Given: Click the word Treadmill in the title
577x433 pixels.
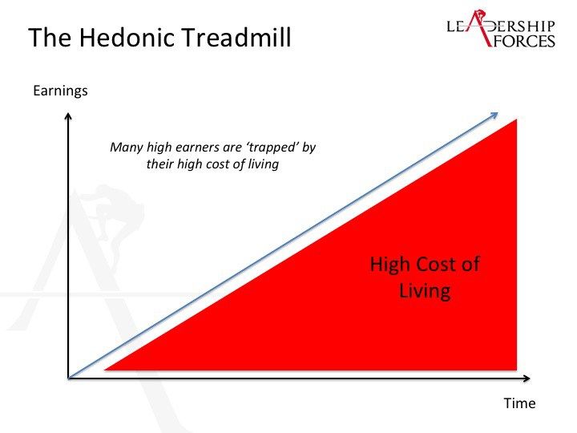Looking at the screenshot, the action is pos(236,37).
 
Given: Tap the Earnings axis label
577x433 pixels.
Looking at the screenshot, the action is pos(60,91).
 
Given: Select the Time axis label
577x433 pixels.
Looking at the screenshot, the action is pos(519,403).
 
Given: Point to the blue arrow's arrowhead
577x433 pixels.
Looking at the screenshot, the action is pos(494,115).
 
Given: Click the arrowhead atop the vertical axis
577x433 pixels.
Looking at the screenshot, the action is pos(68,116).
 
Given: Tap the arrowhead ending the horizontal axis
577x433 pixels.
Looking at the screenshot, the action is pos(527,378).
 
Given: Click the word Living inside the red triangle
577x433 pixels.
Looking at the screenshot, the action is pos(425,290).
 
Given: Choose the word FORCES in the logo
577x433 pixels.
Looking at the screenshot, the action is pos(523,41).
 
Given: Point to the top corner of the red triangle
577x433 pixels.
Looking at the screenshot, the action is pos(517,119).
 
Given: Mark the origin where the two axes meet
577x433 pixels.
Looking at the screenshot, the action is pos(68,378).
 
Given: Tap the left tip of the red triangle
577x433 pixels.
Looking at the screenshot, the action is pos(105,369).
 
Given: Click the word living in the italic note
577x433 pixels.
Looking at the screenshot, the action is pos(263,164).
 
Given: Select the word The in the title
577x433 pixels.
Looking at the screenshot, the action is pos(50,37).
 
